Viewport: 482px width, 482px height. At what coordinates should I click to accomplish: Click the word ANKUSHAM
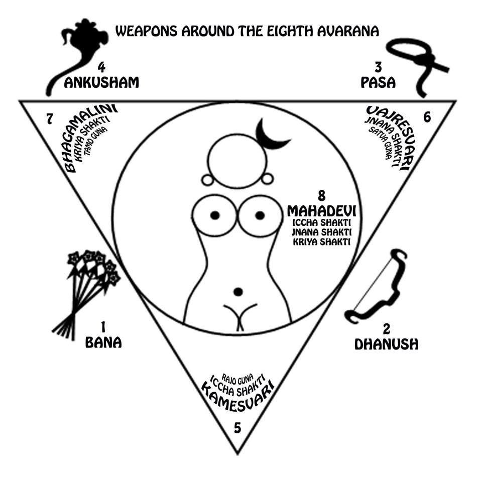pos(101,82)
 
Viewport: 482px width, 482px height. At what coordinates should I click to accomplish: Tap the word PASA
pos(378,82)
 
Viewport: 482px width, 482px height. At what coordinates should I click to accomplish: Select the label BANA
pos(103,343)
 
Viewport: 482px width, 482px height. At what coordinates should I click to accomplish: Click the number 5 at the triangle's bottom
pos(237,428)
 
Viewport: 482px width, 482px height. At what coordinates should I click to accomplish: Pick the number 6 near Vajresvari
pos(427,117)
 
